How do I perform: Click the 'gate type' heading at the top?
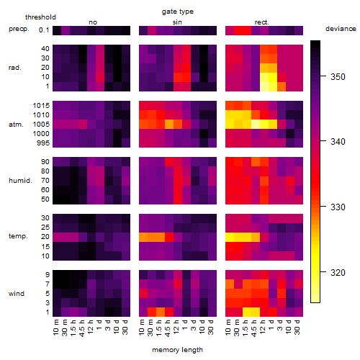click(178, 12)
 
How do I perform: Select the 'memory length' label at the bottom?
click(177, 350)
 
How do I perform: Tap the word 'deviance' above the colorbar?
click(341, 29)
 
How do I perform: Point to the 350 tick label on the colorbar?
click(338, 77)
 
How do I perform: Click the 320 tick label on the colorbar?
click(338, 273)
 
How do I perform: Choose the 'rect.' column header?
click(261, 22)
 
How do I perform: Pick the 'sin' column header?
click(177, 22)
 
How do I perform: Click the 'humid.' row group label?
click(20, 181)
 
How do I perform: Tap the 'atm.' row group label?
click(16, 125)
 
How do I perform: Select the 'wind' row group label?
click(17, 293)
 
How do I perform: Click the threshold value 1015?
click(41, 106)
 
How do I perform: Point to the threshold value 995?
click(43, 143)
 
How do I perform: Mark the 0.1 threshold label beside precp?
click(44, 30)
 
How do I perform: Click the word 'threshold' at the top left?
click(40, 17)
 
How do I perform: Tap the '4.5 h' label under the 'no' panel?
click(82, 328)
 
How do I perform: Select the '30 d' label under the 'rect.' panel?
click(297, 327)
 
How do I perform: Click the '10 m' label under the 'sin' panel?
click(143, 327)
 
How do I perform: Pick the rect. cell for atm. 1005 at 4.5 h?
click(256, 125)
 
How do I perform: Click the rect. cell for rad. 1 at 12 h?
click(264, 87)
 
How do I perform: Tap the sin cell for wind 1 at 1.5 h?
click(161, 312)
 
